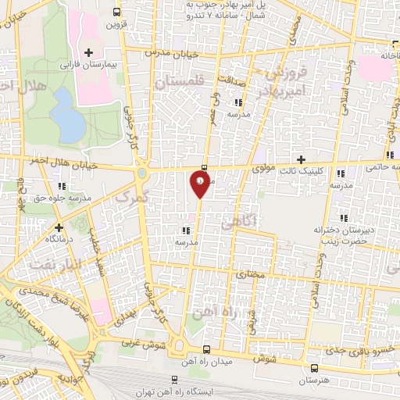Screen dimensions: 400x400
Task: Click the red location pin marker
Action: (199, 182)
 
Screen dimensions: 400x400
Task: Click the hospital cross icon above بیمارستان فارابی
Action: (90, 52)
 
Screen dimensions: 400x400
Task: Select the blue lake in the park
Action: (72, 124)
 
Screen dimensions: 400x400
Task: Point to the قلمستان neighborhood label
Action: (178, 82)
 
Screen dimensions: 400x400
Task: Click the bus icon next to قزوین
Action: (117, 12)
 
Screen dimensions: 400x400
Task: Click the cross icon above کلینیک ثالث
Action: (302, 159)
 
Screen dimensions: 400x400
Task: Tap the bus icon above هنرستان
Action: (314, 367)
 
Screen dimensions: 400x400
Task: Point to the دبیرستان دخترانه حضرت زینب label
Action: (341, 236)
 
